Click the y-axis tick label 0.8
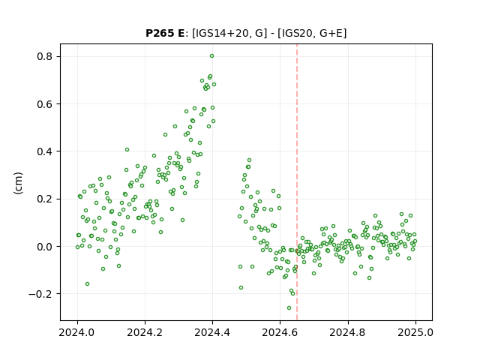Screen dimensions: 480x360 pyautogui.click(x=44, y=57)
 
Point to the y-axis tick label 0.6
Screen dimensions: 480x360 pyautogui.click(x=44, y=104)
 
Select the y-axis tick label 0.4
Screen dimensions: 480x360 pyautogui.click(x=44, y=151)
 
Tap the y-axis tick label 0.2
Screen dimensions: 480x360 pyautogui.click(x=44, y=199)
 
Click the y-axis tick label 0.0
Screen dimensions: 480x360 pyautogui.click(x=44, y=247)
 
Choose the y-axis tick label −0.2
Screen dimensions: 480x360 pyautogui.click(x=40, y=294)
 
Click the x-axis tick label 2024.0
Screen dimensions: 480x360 pyautogui.click(x=77, y=332)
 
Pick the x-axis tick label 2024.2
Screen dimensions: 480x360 pyautogui.click(x=145, y=332)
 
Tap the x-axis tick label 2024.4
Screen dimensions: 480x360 pyautogui.click(x=212, y=332)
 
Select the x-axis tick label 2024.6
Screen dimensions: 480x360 pyautogui.click(x=280, y=332)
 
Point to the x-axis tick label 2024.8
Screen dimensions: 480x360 pyautogui.click(x=348, y=332)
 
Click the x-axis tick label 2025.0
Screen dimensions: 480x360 pyautogui.click(x=415, y=332)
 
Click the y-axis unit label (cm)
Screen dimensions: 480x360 pyautogui.click(x=18, y=183)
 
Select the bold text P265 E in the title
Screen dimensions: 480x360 pyautogui.click(x=165, y=33)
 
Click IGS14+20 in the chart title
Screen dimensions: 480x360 pyautogui.click(x=221, y=33)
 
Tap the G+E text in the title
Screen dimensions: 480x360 pyautogui.click(x=331, y=33)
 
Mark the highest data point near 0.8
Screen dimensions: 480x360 pyautogui.click(x=211, y=56)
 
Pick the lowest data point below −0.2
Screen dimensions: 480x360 pyautogui.click(x=289, y=308)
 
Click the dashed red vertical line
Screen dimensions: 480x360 pyautogui.click(x=297, y=182)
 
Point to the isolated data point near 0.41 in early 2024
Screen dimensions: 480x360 pyautogui.click(x=127, y=150)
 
